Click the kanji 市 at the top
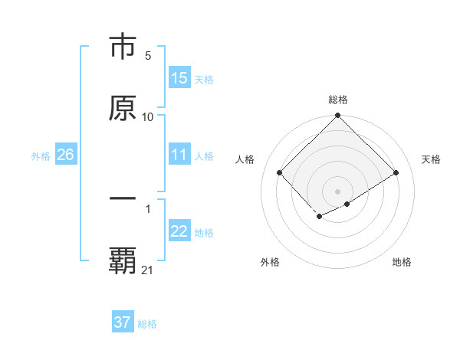point(123,47)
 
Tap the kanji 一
point(123,198)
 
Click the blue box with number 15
point(179,78)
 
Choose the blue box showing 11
point(179,155)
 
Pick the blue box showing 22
point(179,231)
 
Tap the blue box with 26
point(65,155)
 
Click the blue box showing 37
point(122,322)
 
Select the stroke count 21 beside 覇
point(148,270)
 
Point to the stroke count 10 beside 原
point(148,116)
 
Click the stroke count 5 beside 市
point(148,56)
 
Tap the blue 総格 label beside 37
point(147,324)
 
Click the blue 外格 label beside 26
point(41,156)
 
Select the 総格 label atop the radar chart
point(337,100)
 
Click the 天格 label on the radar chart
point(432,159)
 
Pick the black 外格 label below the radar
point(270,262)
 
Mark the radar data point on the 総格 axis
point(337,116)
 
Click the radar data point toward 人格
point(279,172)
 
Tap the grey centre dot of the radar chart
point(337,191)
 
